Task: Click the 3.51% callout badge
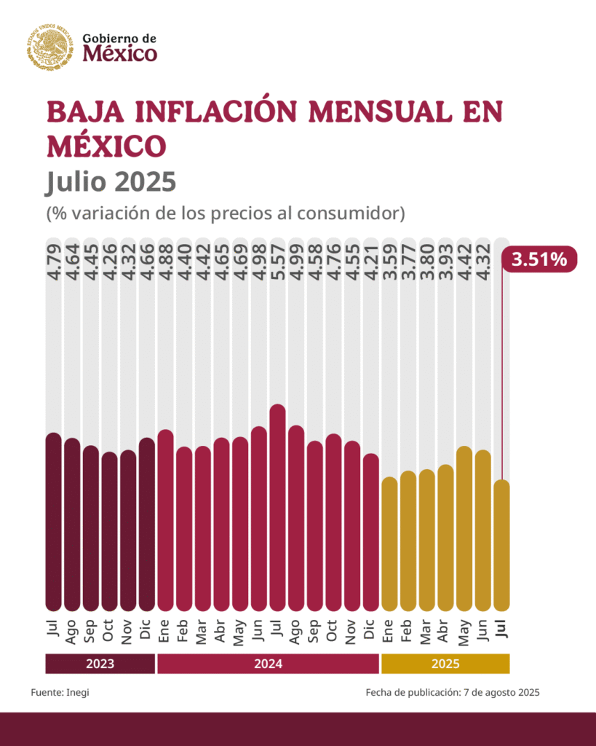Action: tap(539, 259)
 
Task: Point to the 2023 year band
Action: tap(100, 664)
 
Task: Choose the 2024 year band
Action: tap(269, 664)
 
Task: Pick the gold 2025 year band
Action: tap(445, 664)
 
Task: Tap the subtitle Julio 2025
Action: tap(111, 181)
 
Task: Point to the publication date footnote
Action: tap(452, 692)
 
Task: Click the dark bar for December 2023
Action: tap(146, 524)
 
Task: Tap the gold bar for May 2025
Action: tap(464, 528)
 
